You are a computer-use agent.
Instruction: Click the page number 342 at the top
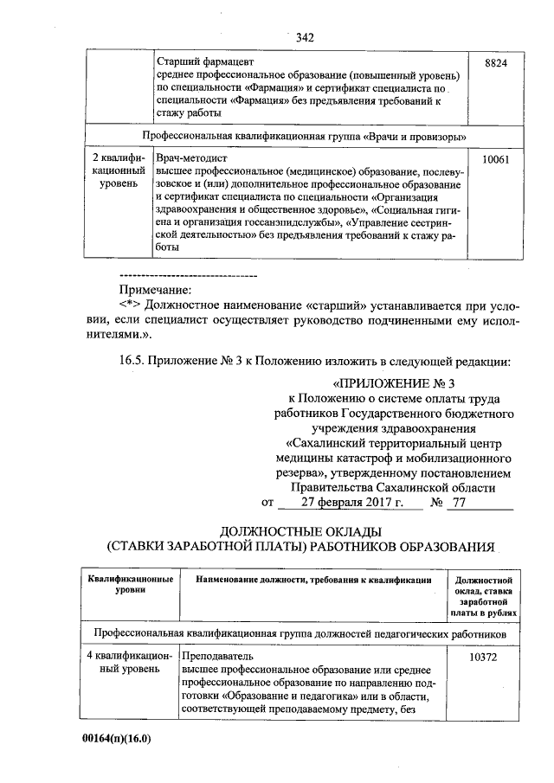304,37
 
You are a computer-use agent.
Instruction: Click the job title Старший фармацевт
206,63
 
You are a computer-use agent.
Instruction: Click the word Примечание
156,290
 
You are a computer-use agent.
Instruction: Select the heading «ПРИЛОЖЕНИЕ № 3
393,383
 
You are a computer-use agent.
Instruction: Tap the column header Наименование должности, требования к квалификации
312,579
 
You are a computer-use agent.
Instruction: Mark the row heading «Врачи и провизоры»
306,137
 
